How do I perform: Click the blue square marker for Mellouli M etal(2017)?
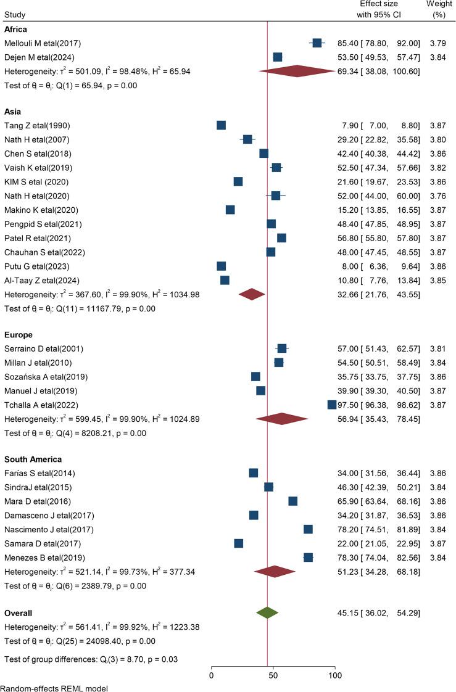coord(317,43)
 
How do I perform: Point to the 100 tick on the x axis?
coord(335,667)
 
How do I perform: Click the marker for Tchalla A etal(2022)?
coord(332,405)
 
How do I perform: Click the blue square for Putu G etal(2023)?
coord(222,266)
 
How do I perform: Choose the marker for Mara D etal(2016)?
coord(292,501)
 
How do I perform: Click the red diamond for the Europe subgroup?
coord(282,419)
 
